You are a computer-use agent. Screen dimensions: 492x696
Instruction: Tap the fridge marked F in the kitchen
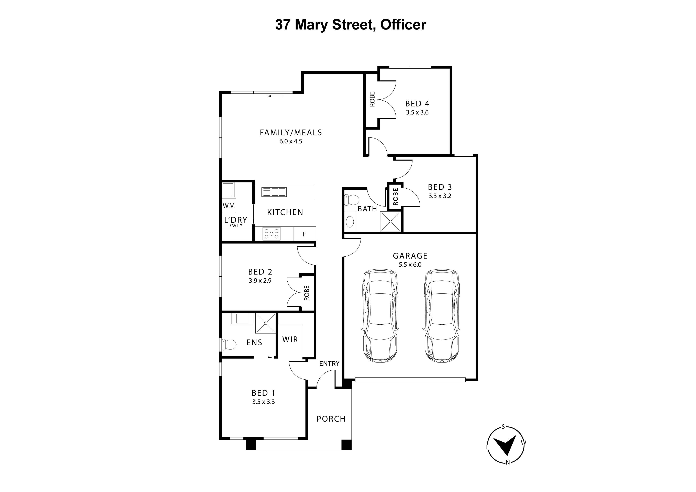304,234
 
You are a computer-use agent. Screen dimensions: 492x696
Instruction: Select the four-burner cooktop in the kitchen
271,234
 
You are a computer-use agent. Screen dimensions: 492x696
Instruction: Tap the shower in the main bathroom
390,221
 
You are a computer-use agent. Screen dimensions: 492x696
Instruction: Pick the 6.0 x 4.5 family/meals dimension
291,141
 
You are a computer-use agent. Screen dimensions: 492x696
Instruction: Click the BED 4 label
417,104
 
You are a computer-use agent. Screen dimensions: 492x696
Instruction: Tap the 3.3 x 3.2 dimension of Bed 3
440,196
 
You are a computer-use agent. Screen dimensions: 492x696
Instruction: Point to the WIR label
290,339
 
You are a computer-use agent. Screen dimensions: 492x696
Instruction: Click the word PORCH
331,419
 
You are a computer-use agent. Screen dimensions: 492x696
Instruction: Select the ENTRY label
329,364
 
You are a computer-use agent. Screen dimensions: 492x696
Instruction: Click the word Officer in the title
403,25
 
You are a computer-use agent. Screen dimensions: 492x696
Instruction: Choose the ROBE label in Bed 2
307,293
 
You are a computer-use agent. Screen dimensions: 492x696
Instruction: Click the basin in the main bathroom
350,222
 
